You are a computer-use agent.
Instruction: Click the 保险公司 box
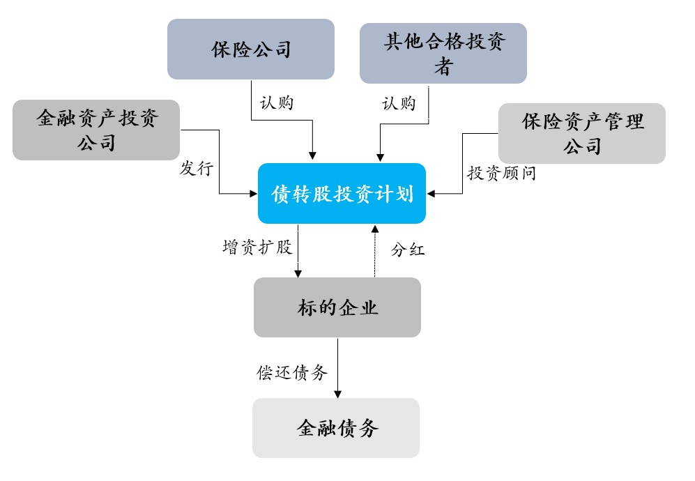tap(251, 49)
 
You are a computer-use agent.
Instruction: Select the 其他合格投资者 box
tap(443, 54)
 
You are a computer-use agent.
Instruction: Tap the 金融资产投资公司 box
tap(96, 130)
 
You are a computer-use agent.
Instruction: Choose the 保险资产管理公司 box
tap(582, 133)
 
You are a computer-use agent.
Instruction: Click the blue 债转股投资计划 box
tap(342, 194)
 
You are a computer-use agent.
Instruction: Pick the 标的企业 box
tap(337, 307)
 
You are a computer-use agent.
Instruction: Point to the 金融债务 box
tap(336, 427)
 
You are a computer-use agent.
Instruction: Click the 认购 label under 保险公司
tap(277, 103)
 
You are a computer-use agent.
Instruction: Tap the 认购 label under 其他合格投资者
tap(399, 103)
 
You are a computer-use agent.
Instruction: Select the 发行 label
tap(197, 169)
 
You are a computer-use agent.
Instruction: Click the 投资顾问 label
tap(501, 174)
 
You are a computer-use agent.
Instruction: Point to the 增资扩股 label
tap(257, 247)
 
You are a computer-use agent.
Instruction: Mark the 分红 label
tap(408, 250)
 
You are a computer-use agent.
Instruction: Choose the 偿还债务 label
tap(292, 372)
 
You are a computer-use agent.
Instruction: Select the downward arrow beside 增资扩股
tap(298, 251)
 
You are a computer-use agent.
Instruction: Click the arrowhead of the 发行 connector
tap(253, 194)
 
